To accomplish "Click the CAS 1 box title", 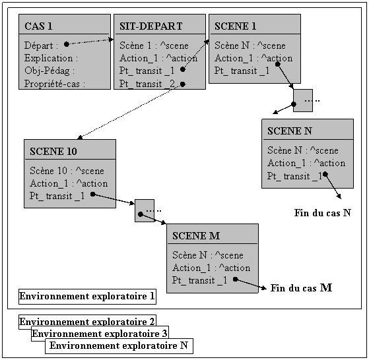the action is pyautogui.click(x=38, y=26).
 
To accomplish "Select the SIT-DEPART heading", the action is pyautogui.click(x=151, y=26).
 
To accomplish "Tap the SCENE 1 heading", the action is pyautogui.click(x=235, y=26).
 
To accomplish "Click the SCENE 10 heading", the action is pyautogui.click(x=53, y=151).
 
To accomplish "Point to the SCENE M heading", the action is pyautogui.click(x=196, y=235).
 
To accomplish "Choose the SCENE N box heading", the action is pyautogui.click(x=290, y=131).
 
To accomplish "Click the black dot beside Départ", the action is pyautogui.click(x=67, y=44).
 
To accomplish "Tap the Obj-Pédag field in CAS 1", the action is pyautogui.click(x=50, y=71).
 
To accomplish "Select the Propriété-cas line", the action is pyautogui.click(x=55, y=84).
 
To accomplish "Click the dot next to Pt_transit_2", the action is pyautogui.click(x=183, y=84).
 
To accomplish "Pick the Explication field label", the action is pyautogui.click(x=51, y=58).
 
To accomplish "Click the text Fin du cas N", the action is pyautogui.click(x=322, y=213).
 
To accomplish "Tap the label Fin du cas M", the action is pyautogui.click(x=301, y=288).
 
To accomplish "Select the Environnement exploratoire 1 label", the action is pyautogui.click(x=87, y=297).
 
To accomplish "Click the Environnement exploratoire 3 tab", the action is pyautogui.click(x=100, y=333).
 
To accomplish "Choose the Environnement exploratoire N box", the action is pyautogui.click(x=119, y=346).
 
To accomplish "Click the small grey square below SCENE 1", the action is pyautogui.click(x=303, y=100).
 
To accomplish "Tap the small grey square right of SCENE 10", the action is pyautogui.click(x=145, y=210).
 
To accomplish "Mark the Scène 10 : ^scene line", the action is pyautogui.click(x=67, y=171).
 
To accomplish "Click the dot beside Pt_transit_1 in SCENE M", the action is pyautogui.click(x=236, y=279).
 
